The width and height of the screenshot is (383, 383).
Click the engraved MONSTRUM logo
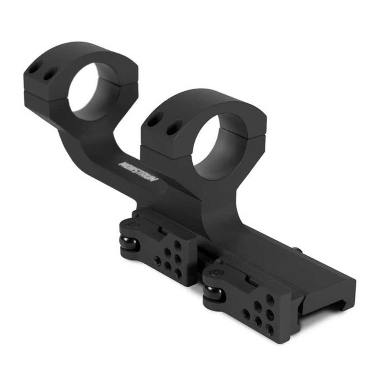138,171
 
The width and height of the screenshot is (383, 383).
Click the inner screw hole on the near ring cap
173,128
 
